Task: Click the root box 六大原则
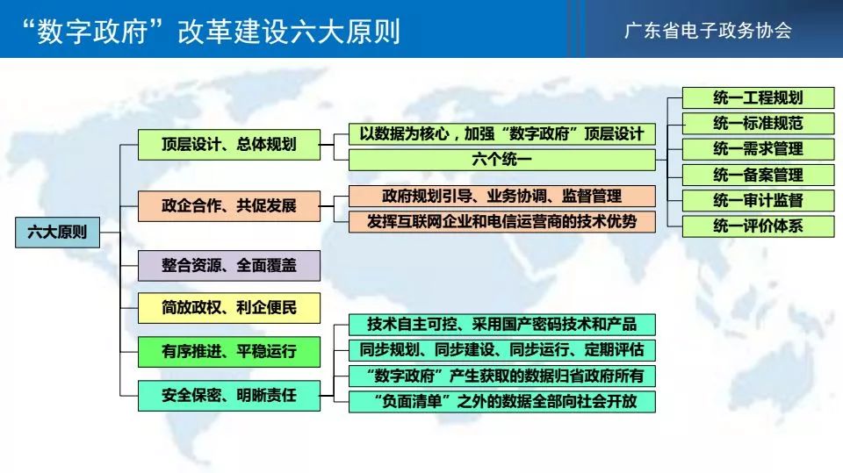pyautogui.click(x=58, y=233)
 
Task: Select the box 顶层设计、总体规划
pyautogui.click(x=229, y=145)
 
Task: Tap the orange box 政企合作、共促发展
pyautogui.click(x=229, y=206)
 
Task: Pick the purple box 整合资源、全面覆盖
pyautogui.click(x=229, y=266)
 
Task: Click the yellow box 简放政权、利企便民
pyautogui.click(x=229, y=308)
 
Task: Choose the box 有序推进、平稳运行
pyautogui.click(x=229, y=352)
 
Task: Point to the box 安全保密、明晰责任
pyautogui.click(x=229, y=396)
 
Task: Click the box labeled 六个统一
pyautogui.click(x=502, y=160)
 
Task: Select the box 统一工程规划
pyautogui.click(x=758, y=97)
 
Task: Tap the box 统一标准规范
pyautogui.click(x=758, y=123)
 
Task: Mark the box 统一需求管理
pyautogui.click(x=758, y=149)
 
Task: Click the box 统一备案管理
pyautogui.click(x=758, y=175)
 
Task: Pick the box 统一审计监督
pyautogui.click(x=758, y=200)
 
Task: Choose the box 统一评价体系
pyautogui.click(x=758, y=226)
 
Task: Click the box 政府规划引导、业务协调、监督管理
pyautogui.click(x=502, y=197)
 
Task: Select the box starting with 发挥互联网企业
pyautogui.click(x=502, y=221)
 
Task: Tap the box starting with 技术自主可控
pyautogui.click(x=502, y=325)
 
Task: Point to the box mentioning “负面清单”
pyautogui.click(x=502, y=402)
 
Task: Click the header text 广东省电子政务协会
pyautogui.click(x=708, y=30)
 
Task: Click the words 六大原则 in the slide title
pyautogui.click(x=344, y=32)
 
